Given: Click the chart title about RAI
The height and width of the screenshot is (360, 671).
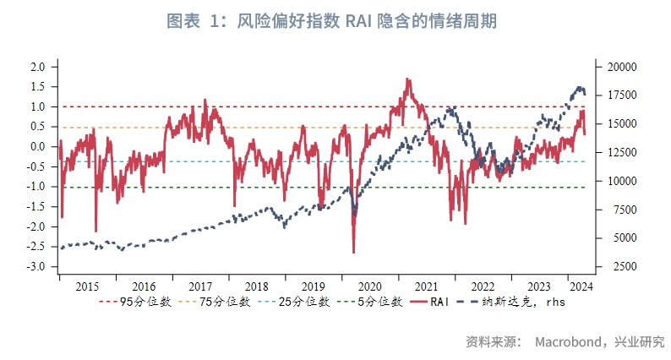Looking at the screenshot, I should [x=335, y=21].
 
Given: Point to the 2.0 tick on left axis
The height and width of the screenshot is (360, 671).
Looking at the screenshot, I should [x=37, y=67].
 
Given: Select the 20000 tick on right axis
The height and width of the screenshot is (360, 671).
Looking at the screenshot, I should [x=620, y=67].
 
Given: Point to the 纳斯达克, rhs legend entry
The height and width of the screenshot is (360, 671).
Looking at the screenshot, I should [x=517, y=301].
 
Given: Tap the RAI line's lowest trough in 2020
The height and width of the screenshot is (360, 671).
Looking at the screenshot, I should [x=353, y=252].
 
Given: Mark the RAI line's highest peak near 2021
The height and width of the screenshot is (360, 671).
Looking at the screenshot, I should [x=407, y=79].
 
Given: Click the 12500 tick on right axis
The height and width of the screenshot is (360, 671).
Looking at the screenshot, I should [x=620, y=152].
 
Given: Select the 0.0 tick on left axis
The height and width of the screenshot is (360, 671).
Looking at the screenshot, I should [x=37, y=147].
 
